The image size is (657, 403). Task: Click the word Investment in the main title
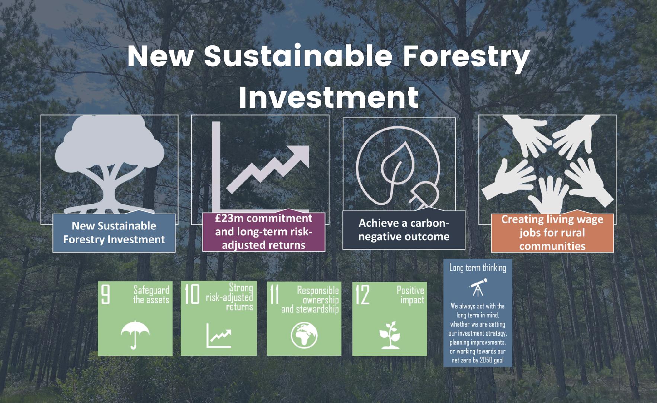tap(329, 97)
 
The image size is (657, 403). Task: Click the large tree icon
tap(109, 164)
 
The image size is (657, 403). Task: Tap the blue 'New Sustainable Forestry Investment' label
tap(114, 233)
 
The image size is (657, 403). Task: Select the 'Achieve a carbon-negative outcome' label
tap(404, 230)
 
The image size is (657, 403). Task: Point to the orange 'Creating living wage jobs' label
tap(552, 233)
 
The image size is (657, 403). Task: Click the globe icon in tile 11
tap(304, 335)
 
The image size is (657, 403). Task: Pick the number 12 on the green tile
tap(363, 295)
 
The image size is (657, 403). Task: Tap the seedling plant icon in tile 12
tap(390, 335)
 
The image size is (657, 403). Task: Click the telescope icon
tap(477, 286)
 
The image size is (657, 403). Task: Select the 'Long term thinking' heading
tap(478, 268)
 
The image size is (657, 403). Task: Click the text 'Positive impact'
tap(410, 295)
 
